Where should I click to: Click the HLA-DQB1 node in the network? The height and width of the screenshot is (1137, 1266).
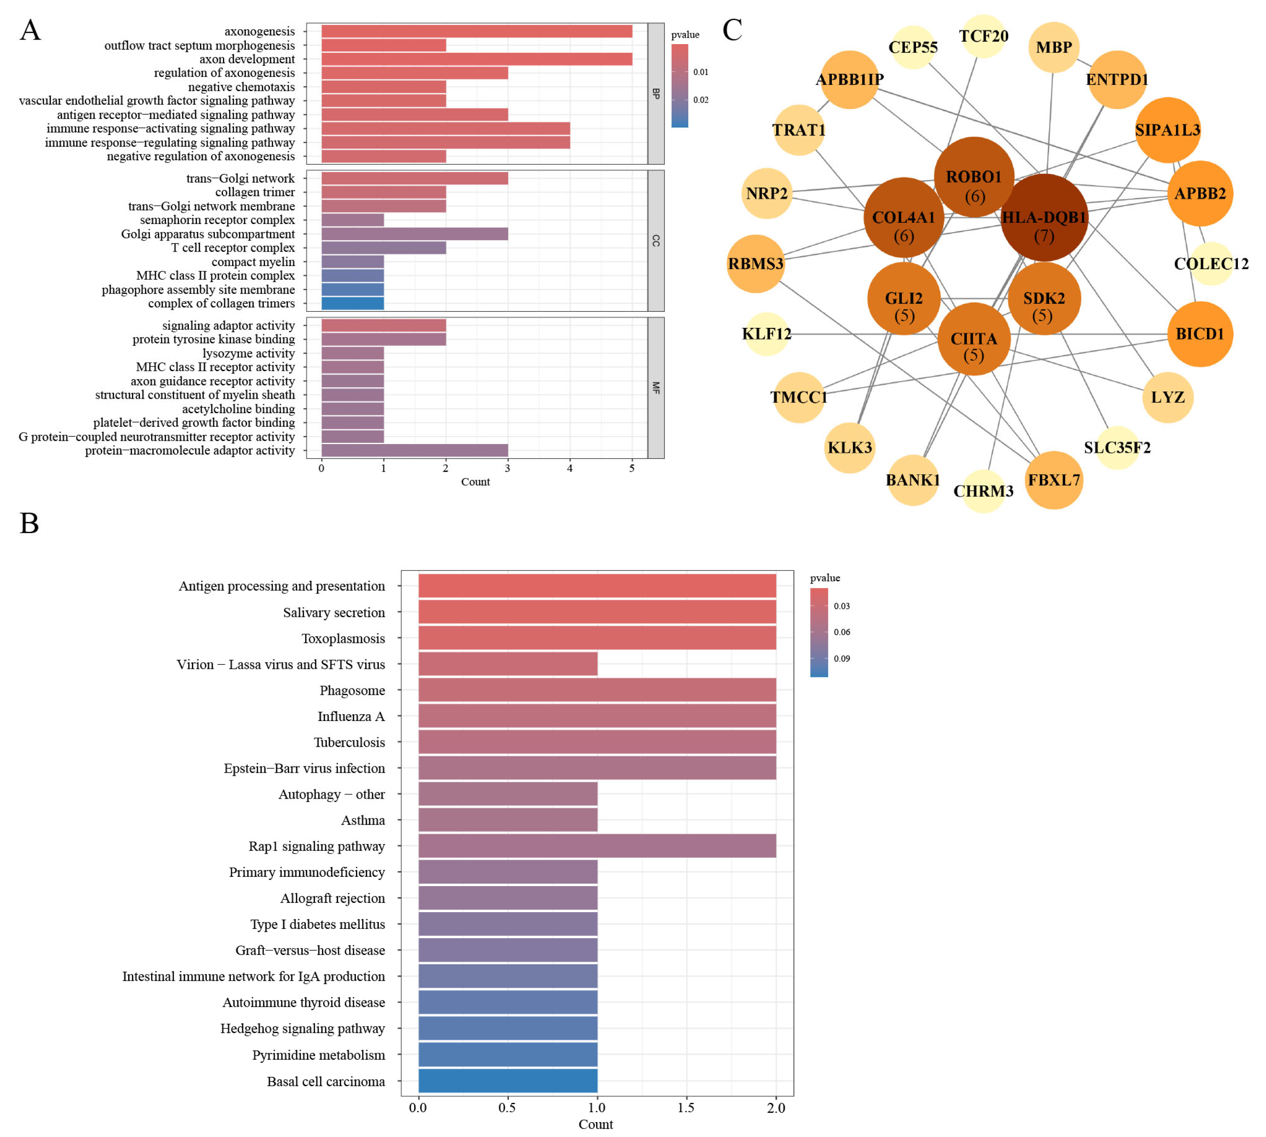(1044, 217)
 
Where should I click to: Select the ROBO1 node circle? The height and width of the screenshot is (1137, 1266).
(974, 177)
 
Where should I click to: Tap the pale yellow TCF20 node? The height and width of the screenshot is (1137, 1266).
(983, 36)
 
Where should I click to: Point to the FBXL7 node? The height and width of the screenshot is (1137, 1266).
(1054, 480)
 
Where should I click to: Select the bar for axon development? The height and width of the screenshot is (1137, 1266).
(476, 59)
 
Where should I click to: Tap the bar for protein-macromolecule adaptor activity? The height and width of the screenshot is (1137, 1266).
(414, 450)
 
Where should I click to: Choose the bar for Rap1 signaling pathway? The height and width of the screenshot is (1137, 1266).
(597, 846)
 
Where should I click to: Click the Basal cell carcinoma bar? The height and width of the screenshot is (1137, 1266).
(508, 1081)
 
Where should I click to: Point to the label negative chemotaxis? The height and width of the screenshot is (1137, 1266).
(241, 87)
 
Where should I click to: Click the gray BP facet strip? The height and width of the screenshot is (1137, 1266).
(655, 94)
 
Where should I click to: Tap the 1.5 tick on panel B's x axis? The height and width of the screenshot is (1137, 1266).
(686, 1108)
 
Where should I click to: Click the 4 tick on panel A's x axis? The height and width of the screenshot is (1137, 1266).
(569, 469)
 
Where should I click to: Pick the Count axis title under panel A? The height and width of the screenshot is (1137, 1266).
(475, 482)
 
